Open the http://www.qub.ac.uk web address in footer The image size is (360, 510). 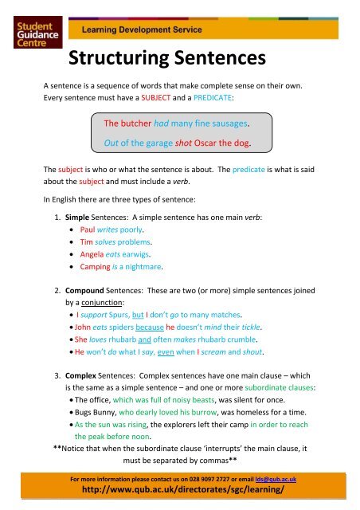(x=179, y=492)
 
